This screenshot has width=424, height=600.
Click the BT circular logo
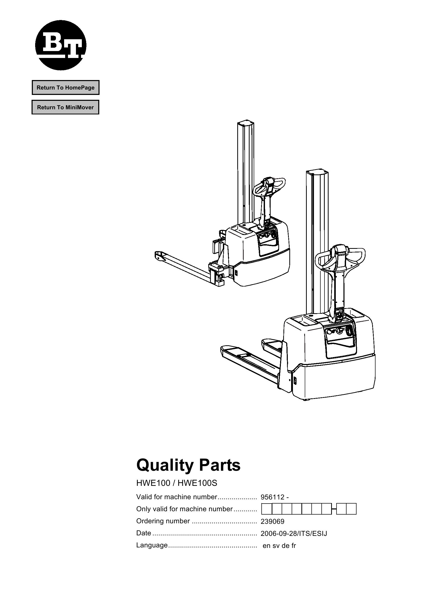(61, 45)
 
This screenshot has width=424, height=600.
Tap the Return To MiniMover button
(65, 107)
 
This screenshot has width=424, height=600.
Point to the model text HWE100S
(197, 483)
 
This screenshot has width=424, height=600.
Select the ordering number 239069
(272, 522)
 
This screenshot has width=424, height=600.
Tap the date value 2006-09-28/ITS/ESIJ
(294, 534)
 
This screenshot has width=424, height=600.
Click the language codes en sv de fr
(279, 546)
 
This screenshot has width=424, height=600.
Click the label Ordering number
(163, 521)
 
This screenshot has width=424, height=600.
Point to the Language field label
(152, 545)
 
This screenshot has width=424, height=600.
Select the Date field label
(144, 533)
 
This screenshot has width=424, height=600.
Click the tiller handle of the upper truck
(269, 186)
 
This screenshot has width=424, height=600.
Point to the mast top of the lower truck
(317, 173)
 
